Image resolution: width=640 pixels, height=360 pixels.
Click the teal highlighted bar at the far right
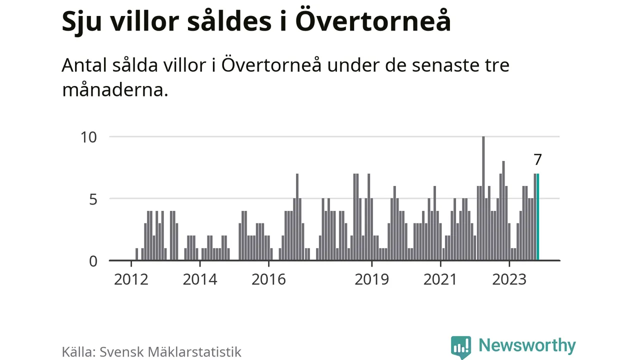537,217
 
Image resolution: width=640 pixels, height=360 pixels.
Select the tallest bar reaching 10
483,198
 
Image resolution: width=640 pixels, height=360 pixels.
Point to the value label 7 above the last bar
537,159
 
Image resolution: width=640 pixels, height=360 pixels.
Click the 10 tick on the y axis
89,137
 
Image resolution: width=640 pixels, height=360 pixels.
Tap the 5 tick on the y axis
93,199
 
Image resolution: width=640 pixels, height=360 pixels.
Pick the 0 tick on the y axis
93,261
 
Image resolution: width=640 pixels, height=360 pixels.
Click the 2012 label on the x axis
131,279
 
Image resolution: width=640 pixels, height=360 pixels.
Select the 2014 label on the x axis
200,279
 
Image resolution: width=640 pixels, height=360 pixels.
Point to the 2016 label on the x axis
268,279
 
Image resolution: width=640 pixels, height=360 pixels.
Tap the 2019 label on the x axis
371,279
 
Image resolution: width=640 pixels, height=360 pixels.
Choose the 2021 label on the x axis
440,279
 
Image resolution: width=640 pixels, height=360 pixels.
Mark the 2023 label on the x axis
509,279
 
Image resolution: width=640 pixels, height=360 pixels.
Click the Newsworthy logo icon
460,346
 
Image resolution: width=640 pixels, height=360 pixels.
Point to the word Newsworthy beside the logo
527,345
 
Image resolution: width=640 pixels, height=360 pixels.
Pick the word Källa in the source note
78,351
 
